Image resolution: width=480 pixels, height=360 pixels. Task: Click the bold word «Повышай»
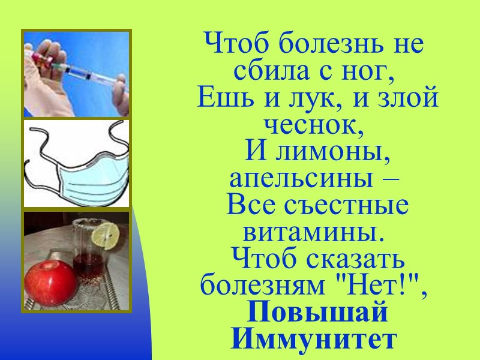coord(317,314)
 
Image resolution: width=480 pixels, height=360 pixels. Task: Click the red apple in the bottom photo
coord(50,282)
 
